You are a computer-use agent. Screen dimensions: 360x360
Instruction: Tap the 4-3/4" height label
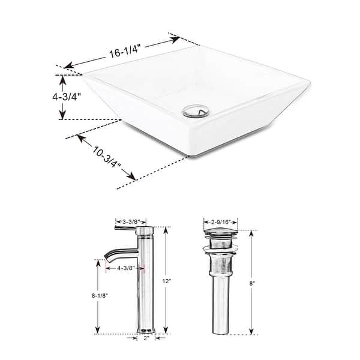67,97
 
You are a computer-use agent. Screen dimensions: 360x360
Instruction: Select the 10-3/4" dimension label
107,157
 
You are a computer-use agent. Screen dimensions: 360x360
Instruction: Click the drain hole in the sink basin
196,112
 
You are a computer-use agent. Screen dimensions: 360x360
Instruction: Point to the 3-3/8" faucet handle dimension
131,222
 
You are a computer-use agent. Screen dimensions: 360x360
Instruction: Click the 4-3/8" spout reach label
125,268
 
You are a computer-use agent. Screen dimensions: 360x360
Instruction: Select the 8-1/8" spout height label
100,296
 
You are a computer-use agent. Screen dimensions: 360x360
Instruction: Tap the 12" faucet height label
167,281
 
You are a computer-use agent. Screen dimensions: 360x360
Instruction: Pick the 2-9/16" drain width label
220,222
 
